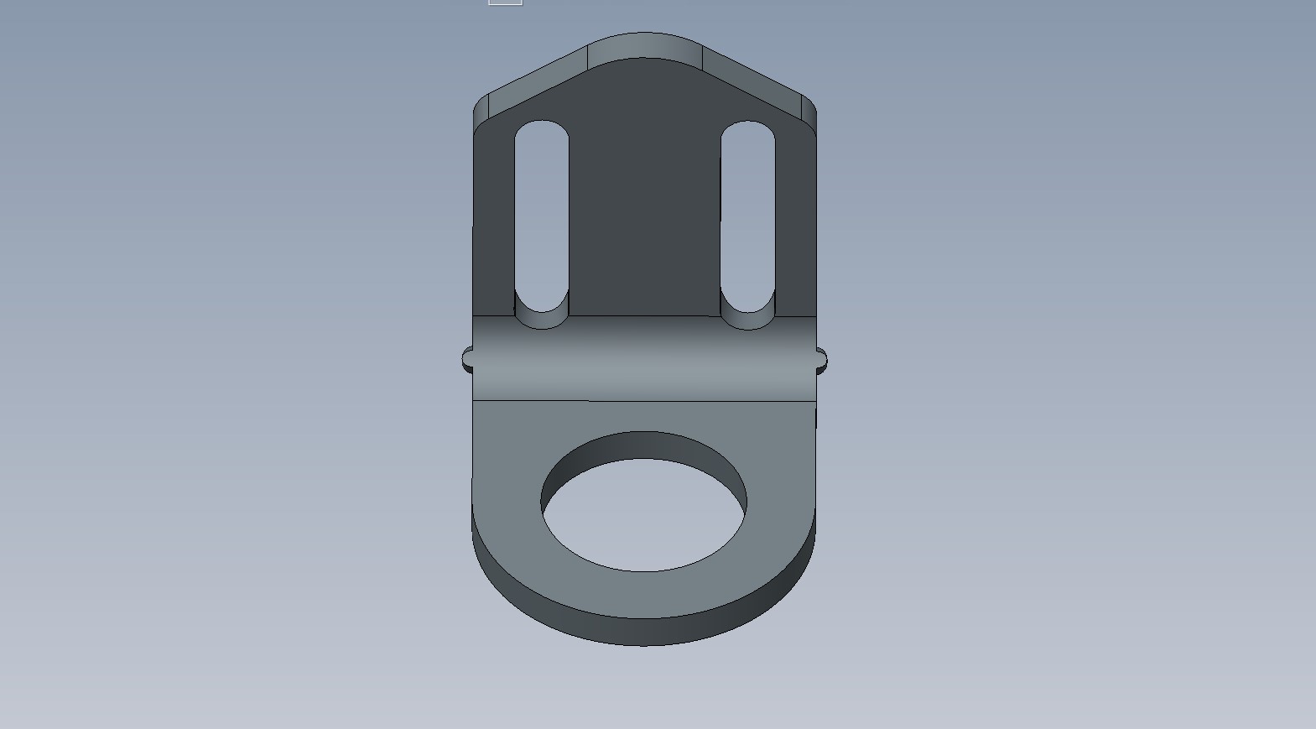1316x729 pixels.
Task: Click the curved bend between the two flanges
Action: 644,358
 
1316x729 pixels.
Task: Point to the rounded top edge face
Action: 644,46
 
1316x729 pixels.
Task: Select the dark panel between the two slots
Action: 644,193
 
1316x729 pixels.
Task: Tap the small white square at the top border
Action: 505,2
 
